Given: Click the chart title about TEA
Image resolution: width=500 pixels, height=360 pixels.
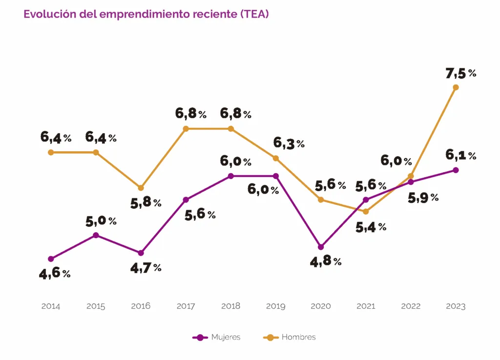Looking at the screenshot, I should pyautogui.click(x=146, y=14).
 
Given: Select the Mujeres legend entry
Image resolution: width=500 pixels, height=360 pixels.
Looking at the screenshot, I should pyautogui.click(x=217, y=337).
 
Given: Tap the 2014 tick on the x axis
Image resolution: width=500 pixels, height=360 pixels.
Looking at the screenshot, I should pyautogui.click(x=51, y=306).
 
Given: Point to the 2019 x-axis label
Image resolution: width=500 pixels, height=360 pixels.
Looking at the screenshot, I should pyautogui.click(x=276, y=306).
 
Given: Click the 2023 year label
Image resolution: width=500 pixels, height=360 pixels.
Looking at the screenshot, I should pyautogui.click(x=456, y=306).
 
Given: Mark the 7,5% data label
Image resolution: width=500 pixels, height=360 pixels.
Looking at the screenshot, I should pyautogui.click(x=460, y=74).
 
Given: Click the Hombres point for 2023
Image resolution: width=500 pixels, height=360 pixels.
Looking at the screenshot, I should pyautogui.click(x=456, y=87).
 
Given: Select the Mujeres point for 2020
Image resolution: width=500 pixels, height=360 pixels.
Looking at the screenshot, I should pyautogui.click(x=321, y=247).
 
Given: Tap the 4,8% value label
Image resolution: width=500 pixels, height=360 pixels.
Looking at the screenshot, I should pyautogui.click(x=326, y=261).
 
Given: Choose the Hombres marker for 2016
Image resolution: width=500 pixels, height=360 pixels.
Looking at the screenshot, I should pyautogui.click(x=141, y=188).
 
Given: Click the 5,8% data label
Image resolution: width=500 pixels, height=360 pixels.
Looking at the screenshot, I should pyautogui.click(x=146, y=203).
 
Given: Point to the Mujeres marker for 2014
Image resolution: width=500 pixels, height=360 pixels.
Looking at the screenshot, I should pyautogui.click(x=51, y=259).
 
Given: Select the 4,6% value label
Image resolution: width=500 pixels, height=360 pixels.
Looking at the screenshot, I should pyautogui.click(x=55, y=273).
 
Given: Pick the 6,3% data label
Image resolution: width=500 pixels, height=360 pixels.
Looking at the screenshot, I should pyautogui.click(x=289, y=143).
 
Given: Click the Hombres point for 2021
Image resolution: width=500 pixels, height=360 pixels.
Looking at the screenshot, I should pyautogui.click(x=366, y=211).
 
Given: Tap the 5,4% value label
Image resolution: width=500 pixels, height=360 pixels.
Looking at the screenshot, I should pyautogui.click(x=371, y=226).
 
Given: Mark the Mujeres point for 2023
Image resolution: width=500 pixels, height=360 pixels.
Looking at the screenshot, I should pyautogui.click(x=456, y=170).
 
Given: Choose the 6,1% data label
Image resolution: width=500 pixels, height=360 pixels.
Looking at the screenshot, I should pyautogui.click(x=460, y=156).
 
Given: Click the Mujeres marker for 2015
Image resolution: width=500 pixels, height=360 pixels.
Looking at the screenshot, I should pyautogui.click(x=96, y=235).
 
